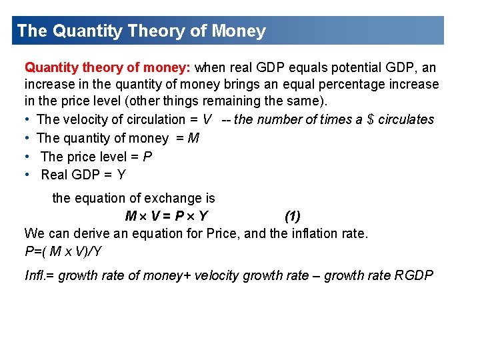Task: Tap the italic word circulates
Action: pos(406,120)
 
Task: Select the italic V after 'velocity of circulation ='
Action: pos(207,120)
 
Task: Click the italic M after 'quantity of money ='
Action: pos(194,138)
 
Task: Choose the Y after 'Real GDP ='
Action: pos(121,175)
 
